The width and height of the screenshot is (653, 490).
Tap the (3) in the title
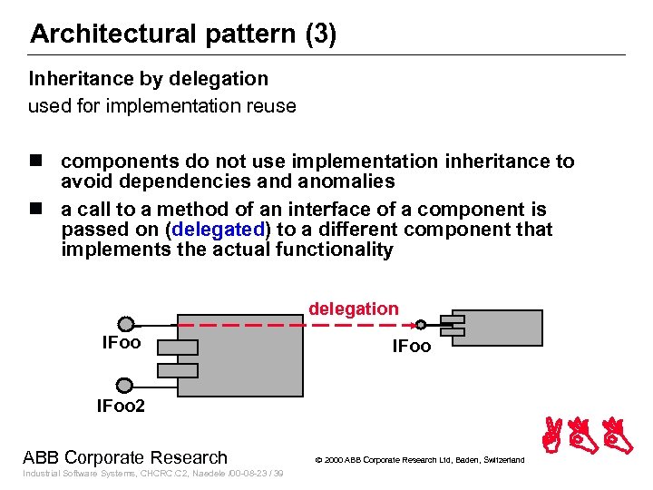click(x=320, y=34)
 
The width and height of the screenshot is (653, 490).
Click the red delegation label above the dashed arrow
click(x=353, y=309)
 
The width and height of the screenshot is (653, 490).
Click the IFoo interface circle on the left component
click(x=125, y=324)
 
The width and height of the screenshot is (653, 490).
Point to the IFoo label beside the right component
click(x=411, y=346)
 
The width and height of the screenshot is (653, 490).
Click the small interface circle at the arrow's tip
click(x=421, y=325)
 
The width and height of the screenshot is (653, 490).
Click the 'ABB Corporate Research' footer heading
click(x=125, y=457)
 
